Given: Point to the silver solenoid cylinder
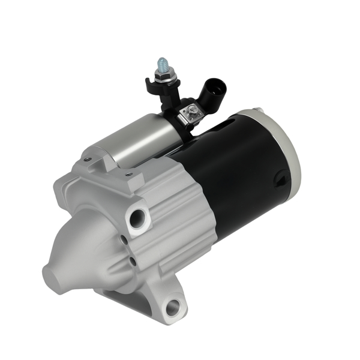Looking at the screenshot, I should coord(129,141).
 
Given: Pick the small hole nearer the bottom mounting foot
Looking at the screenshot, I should coord(130,262).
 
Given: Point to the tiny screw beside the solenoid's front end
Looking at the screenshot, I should coord(88,159).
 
